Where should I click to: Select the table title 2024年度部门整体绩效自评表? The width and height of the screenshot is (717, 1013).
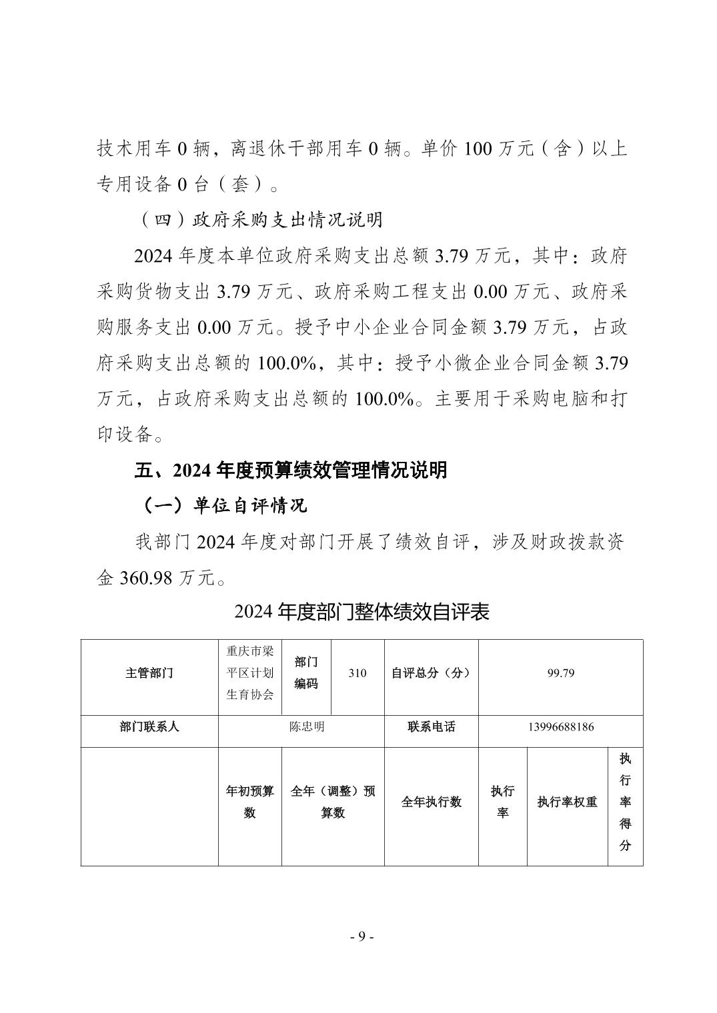[362, 612]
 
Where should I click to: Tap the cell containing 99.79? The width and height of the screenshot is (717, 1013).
[560, 673]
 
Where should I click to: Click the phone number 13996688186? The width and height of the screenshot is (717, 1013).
[560, 727]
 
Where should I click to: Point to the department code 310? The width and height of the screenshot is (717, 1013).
[357, 673]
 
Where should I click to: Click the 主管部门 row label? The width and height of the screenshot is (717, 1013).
[149, 673]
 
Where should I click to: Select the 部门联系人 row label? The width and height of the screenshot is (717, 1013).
[149, 727]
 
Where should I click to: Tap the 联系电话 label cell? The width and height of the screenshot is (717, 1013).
[431, 727]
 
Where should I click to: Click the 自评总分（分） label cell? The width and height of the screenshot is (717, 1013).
[431, 673]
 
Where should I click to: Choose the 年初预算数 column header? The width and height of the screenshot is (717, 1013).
[250, 802]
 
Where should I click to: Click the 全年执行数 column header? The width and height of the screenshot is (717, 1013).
[431, 802]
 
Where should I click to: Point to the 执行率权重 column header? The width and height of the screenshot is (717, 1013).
[567, 802]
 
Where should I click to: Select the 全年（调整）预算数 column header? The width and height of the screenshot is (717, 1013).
[333, 802]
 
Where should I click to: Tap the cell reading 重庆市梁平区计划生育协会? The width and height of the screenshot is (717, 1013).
[250, 673]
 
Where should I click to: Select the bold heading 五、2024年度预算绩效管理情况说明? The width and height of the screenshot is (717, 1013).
[291, 471]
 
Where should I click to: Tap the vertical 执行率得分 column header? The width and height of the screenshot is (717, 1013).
[625, 802]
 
